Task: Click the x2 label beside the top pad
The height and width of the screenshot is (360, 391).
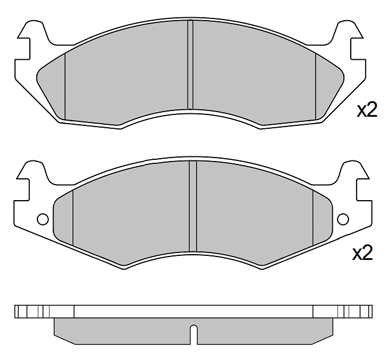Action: coord(367,110)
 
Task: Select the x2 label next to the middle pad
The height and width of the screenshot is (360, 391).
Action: coord(362,252)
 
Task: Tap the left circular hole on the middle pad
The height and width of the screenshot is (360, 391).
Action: coord(42,219)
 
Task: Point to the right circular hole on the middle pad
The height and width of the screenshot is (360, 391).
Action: coord(343,219)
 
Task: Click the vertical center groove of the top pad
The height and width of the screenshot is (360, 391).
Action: coord(190,64)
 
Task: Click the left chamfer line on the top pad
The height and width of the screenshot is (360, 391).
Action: coord(65,85)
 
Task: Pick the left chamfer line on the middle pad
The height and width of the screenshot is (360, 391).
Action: coord(73,217)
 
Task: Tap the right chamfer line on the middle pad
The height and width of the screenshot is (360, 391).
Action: coord(312,217)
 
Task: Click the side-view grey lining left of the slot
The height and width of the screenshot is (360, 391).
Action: coord(121,331)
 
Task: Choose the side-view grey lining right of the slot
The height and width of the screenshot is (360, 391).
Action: coord(264,331)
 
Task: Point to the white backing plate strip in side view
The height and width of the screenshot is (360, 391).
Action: coord(194,311)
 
